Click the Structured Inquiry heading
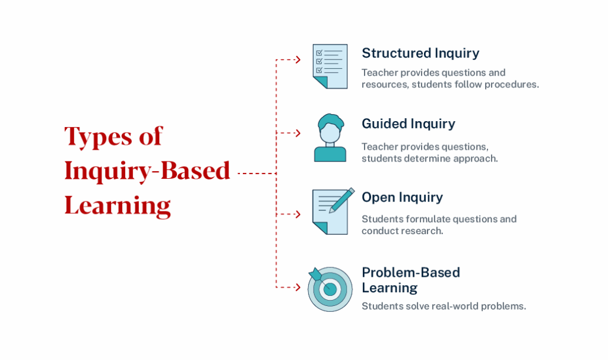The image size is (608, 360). [420, 53]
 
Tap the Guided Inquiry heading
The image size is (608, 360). [408, 124]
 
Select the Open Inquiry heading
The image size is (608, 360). [402, 197]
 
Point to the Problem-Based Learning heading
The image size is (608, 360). [410, 280]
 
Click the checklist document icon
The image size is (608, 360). [330, 66]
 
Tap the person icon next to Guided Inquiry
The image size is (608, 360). [330, 138]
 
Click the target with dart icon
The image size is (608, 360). [330, 289]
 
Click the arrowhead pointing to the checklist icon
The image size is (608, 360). [298, 59]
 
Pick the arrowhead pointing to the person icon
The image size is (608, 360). [298, 133]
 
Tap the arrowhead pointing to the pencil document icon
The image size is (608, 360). [298, 214]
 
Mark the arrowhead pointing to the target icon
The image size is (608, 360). [298, 288]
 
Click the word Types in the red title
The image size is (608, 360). [99, 137]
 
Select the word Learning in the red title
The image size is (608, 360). [118, 206]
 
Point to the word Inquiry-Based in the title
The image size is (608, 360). [147, 171]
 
